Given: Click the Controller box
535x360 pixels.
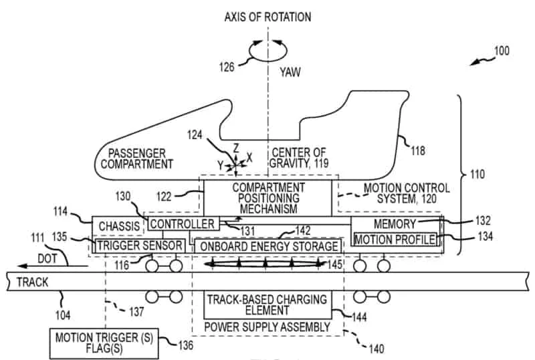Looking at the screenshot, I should (x=183, y=224).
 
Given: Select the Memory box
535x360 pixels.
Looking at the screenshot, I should (x=394, y=224).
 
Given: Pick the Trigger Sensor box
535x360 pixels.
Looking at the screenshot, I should (x=138, y=246).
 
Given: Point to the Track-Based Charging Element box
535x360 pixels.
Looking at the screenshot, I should (x=266, y=304).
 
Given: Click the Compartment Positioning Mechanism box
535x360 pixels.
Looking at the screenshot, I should (x=267, y=198).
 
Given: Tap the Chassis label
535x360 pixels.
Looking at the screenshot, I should (x=118, y=226).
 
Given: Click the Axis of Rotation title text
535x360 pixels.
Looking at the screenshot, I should (x=267, y=15).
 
